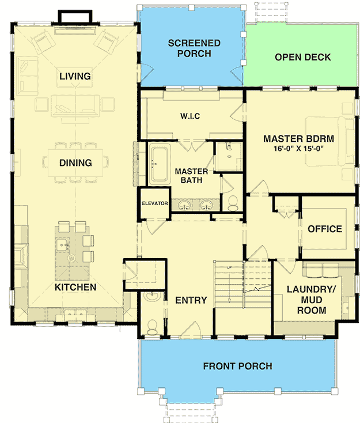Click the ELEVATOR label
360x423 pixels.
(x=155, y=203)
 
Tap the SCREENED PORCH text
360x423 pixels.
(x=194, y=48)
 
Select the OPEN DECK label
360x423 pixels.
(x=303, y=57)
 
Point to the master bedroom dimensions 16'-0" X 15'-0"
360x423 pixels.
(x=298, y=148)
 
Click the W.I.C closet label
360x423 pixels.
(x=190, y=116)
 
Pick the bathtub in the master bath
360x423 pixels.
(x=160, y=164)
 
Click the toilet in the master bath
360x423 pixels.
(x=233, y=203)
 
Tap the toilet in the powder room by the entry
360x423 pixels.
(x=153, y=327)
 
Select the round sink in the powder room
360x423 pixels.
(x=153, y=296)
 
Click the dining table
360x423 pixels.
(x=75, y=163)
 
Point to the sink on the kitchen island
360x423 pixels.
(x=62, y=245)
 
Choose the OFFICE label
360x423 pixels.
(x=325, y=229)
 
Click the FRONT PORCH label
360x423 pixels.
(x=237, y=366)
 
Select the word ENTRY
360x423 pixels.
(x=191, y=300)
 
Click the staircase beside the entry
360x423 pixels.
(x=242, y=284)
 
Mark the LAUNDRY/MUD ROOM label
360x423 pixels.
(x=311, y=300)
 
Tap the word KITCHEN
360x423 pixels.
(x=75, y=287)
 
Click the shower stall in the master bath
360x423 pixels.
(x=229, y=157)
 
